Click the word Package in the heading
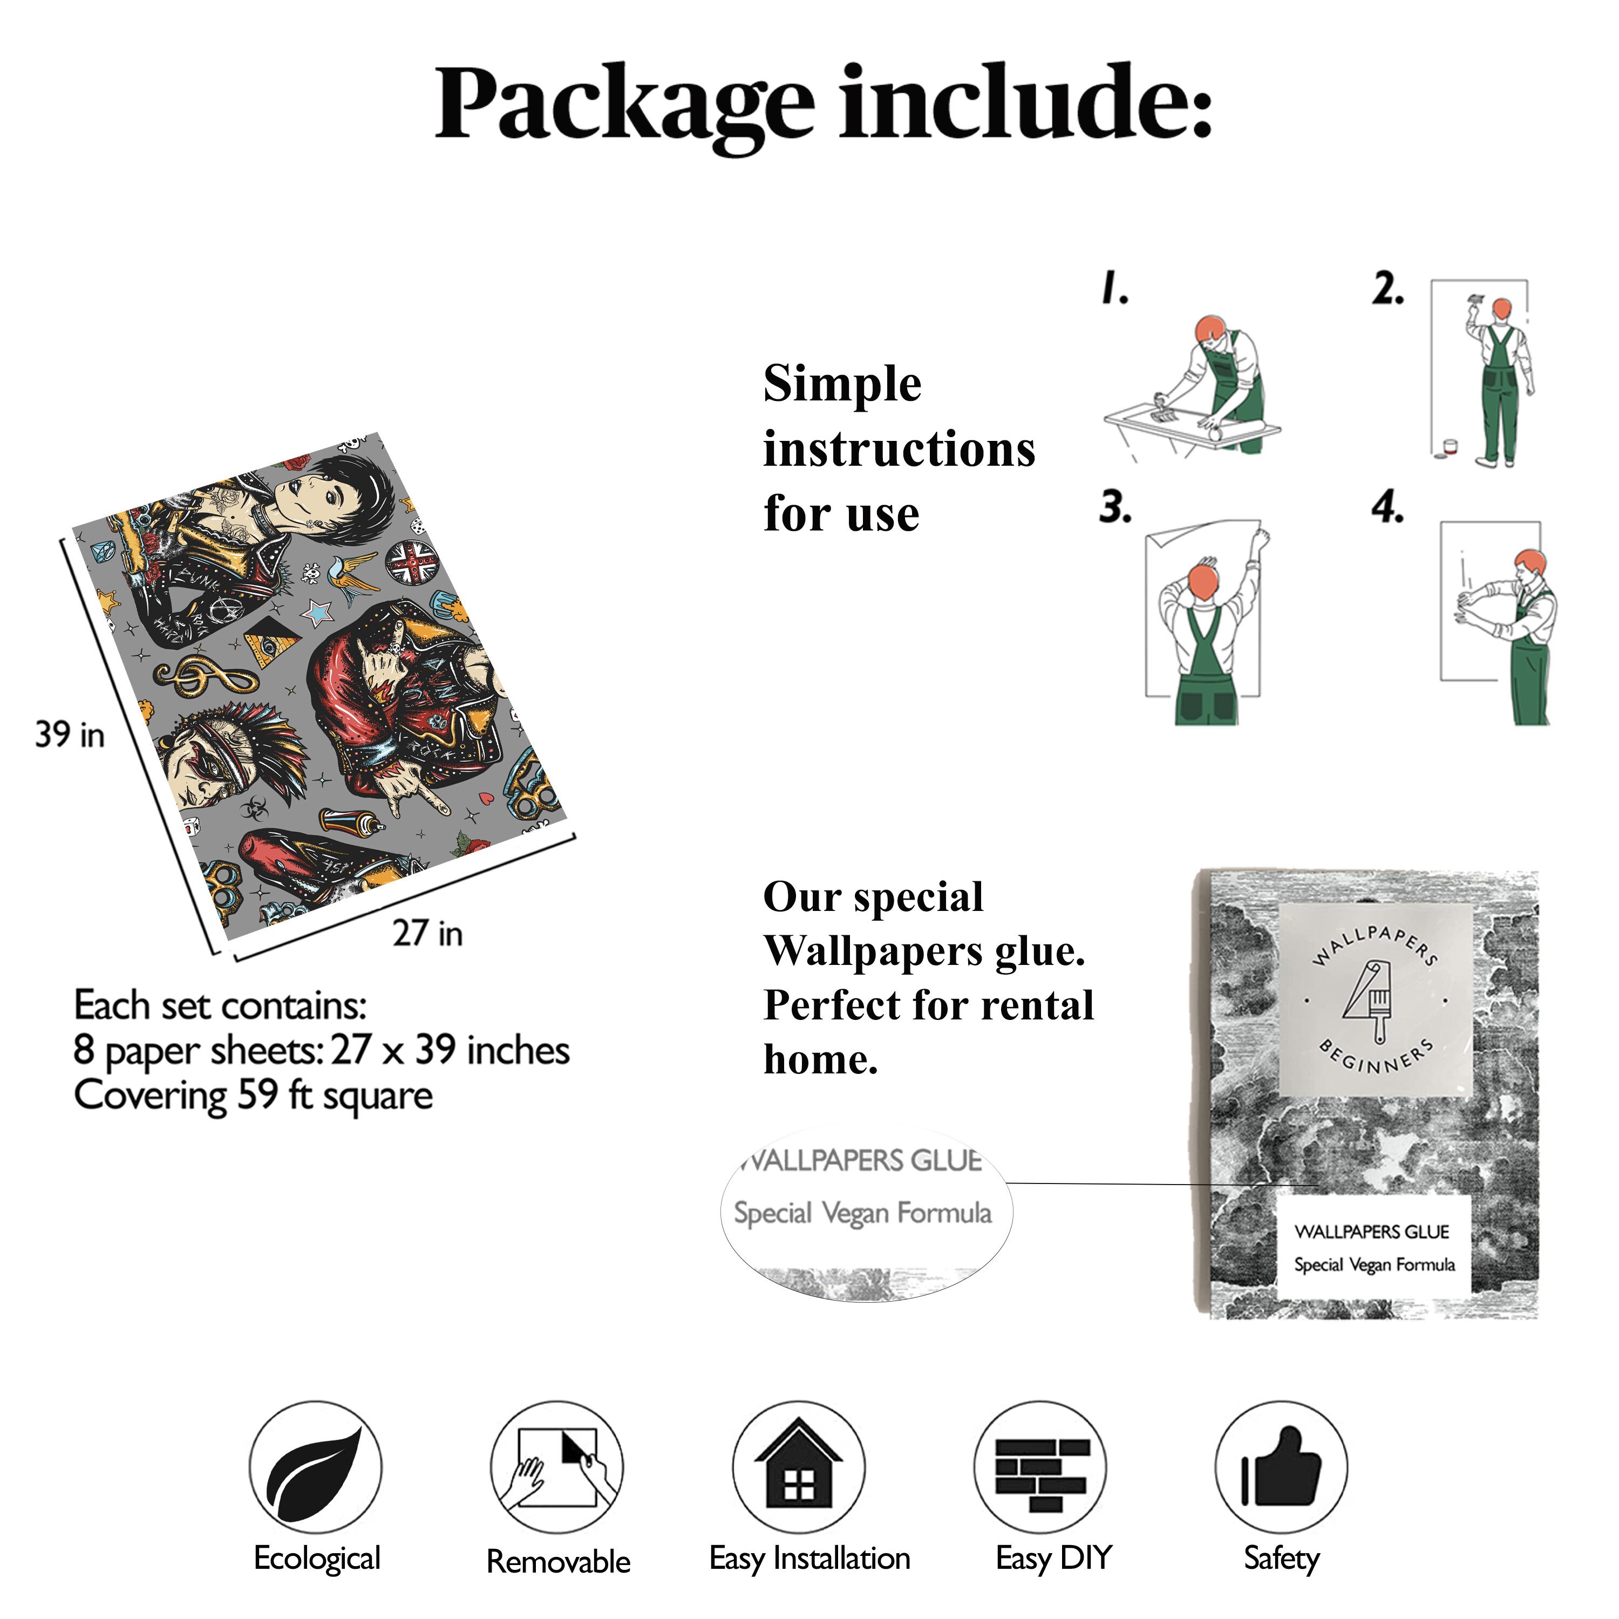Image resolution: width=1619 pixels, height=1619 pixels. pyautogui.click(x=624, y=105)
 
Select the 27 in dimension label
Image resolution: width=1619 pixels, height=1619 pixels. pyautogui.click(x=427, y=933)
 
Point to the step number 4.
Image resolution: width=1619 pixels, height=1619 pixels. pyautogui.click(x=1387, y=507)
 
